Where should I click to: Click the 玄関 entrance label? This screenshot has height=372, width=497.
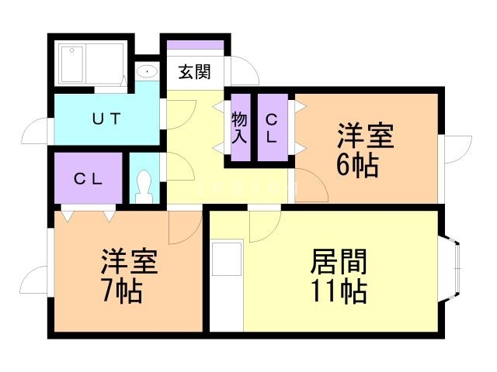click(x=193, y=73)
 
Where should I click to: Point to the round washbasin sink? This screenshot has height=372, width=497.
click(x=146, y=72)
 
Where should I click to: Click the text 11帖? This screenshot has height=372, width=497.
click(x=339, y=292)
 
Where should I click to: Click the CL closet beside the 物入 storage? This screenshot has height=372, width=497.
click(x=273, y=128)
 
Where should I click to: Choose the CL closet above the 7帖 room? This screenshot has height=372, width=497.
click(x=89, y=178)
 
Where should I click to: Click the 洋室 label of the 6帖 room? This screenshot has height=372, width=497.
click(x=364, y=135)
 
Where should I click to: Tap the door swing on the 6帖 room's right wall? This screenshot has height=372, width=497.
click(x=459, y=150)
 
